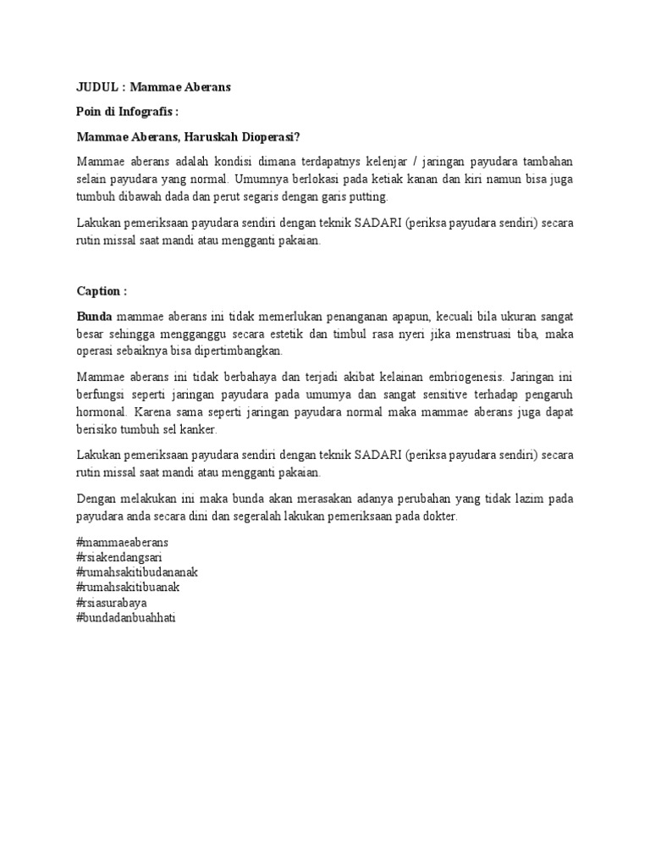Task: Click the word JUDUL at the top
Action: pos(96,87)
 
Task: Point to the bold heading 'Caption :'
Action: pos(102,291)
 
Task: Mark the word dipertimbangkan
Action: pos(228,351)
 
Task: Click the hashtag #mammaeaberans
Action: pos(122,541)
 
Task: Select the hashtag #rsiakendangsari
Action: pos(119,557)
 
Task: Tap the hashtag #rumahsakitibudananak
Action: pos(137,572)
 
